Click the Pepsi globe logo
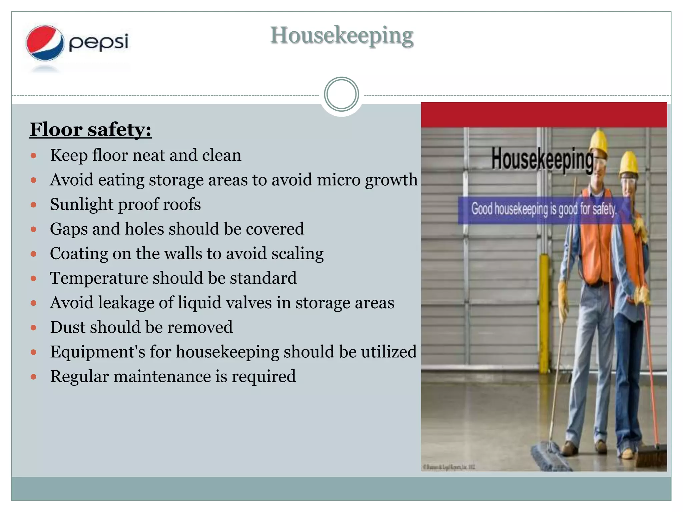(45, 43)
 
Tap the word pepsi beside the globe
(98, 43)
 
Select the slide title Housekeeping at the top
(341, 36)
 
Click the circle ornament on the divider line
(341, 94)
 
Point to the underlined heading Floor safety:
(90, 129)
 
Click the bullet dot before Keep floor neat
(33, 155)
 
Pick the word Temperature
(99, 278)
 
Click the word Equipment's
(98, 352)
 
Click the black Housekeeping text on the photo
(542, 159)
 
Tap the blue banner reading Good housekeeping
(544, 210)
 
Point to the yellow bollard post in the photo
(544, 313)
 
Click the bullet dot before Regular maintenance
(33, 377)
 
